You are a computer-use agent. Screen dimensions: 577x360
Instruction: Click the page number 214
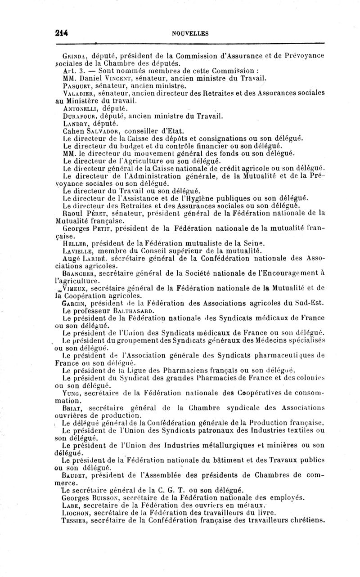click(61, 32)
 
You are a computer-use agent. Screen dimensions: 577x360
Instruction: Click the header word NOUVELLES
click(190, 33)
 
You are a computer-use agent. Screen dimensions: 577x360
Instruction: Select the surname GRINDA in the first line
click(74, 56)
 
